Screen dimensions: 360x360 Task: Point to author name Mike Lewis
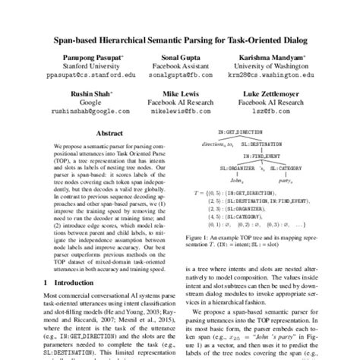tap(180, 93)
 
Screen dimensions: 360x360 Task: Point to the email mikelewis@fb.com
tap(180, 111)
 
